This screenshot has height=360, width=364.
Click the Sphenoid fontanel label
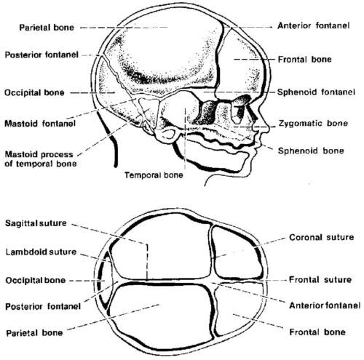[x=316, y=92]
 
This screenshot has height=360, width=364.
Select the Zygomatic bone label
[x=313, y=124]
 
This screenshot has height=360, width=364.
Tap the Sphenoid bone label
[x=311, y=151]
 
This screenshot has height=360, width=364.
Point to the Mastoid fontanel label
[x=40, y=124]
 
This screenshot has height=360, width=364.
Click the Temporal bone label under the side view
[x=154, y=175]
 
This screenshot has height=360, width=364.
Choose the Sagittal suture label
[x=36, y=223]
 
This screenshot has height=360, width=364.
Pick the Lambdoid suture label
[x=41, y=252]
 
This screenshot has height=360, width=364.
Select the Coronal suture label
[x=322, y=237]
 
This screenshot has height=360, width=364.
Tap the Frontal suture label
[x=320, y=280]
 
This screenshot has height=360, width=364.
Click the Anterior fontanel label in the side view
[x=314, y=25]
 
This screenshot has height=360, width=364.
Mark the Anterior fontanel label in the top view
[x=325, y=305]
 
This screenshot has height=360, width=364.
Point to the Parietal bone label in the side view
[x=47, y=28]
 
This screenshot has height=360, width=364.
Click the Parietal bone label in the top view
[x=34, y=333]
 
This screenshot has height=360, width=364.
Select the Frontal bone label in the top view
[x=317, y=332]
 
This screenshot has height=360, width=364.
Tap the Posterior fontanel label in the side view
[x=41, y=55]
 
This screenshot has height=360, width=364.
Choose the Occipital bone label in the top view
[x=36, y=281]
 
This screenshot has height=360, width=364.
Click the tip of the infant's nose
[x=269, y=128]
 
